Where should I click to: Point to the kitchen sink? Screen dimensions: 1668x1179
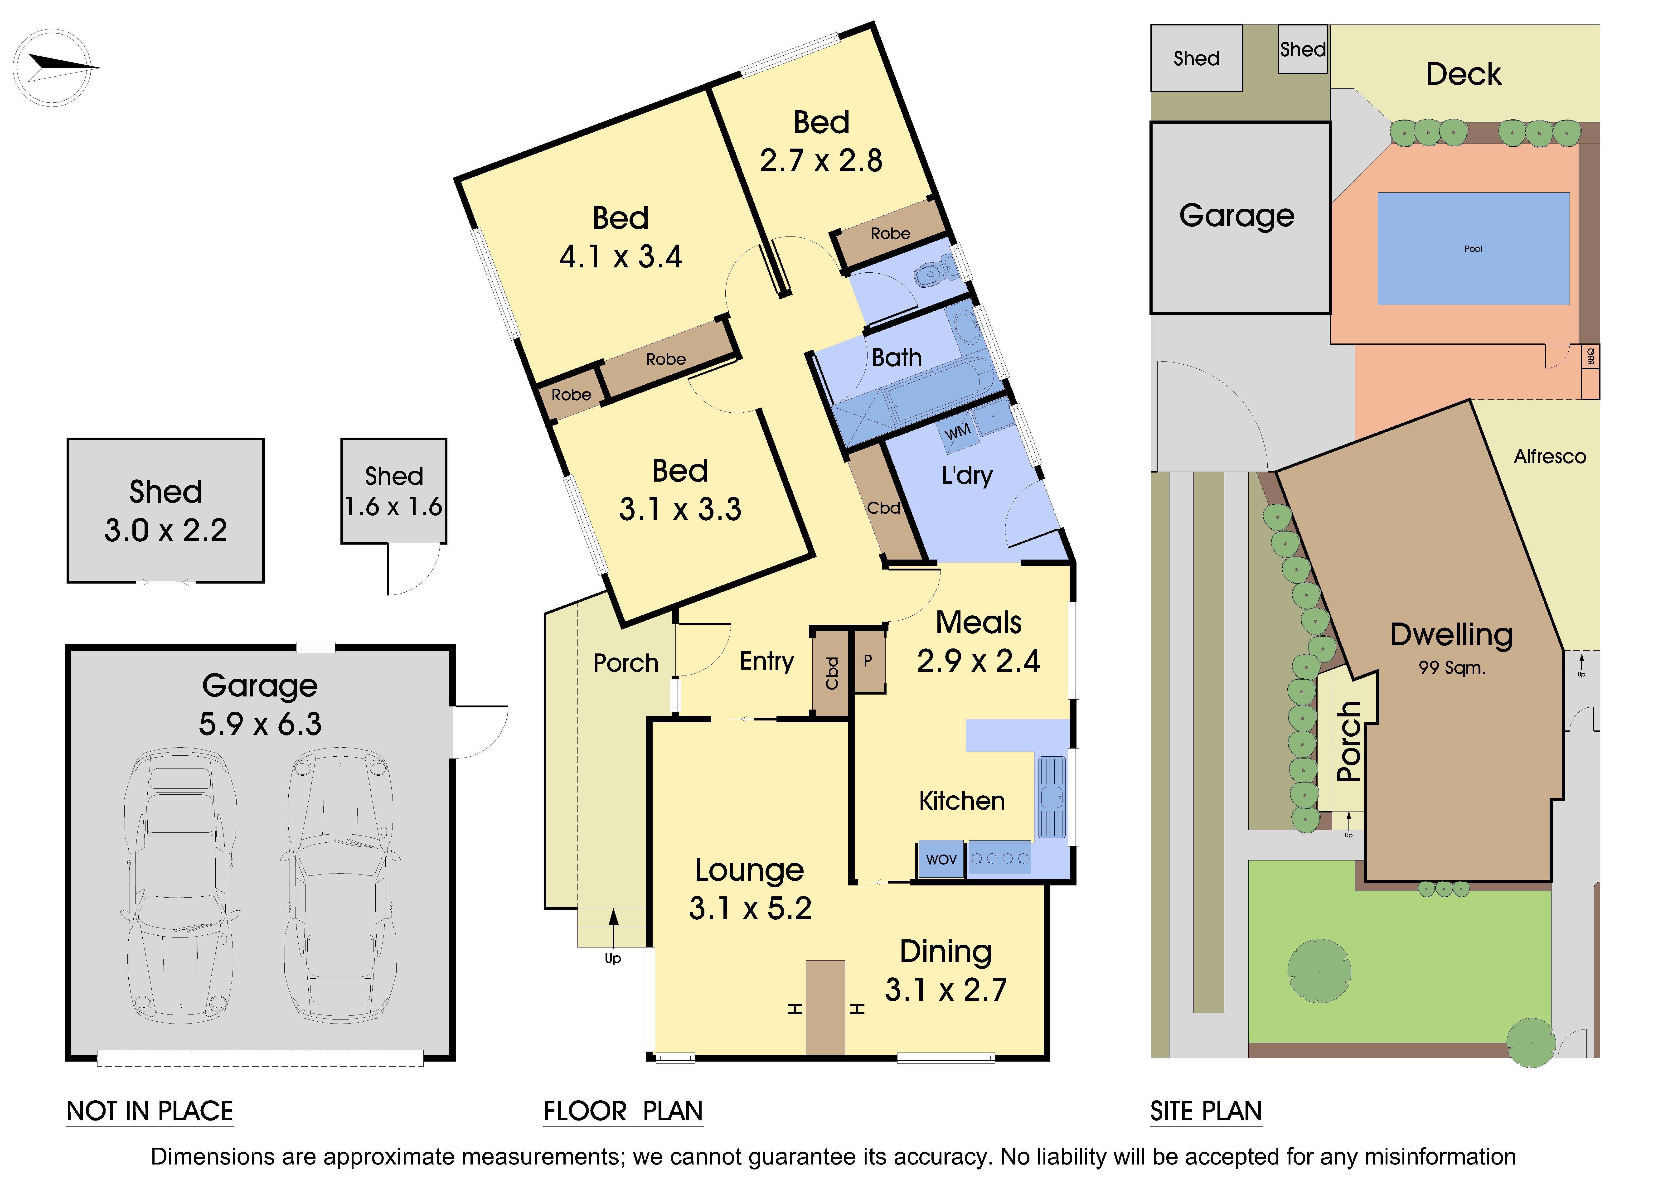pyautogui.click(x=1051, y=797)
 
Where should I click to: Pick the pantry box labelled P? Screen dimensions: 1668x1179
pyautogui.click(x=868, y=661)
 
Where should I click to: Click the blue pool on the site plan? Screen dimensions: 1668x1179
pyautogui.click(x=1473, y=248)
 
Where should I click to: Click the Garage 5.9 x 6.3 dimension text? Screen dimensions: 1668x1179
pyautogui.click(x=260, y=724)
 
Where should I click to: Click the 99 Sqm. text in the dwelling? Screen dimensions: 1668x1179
pyautogui.click(x=1451, y=668)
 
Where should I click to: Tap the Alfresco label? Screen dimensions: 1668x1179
pyautogui.click(x=1550, y=456)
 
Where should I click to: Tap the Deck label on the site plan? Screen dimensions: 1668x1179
pyautogui.click(x=1463, y=74)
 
